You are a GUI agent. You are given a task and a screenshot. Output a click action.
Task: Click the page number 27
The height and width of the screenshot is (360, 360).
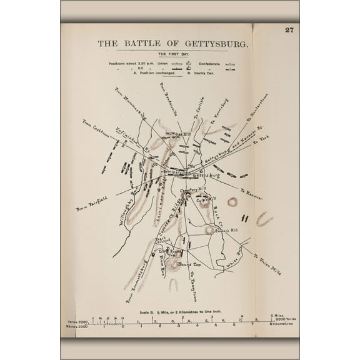(289, 29)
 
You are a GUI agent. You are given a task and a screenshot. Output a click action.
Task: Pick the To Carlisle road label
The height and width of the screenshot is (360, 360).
(200, 109)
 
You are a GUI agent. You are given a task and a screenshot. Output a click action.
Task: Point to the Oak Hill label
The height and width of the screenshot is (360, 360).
(178, 134)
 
